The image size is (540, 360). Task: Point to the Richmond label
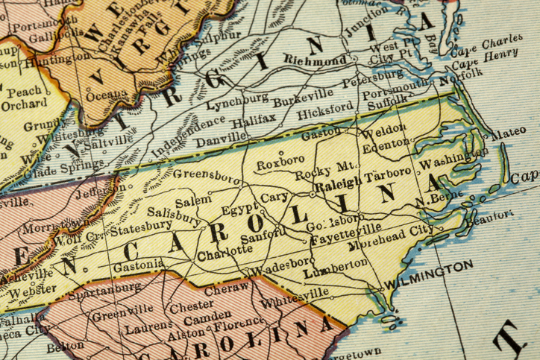315,60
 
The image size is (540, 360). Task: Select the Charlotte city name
225,252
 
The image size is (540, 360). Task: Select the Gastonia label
138,265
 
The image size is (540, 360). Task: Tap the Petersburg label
376,77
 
